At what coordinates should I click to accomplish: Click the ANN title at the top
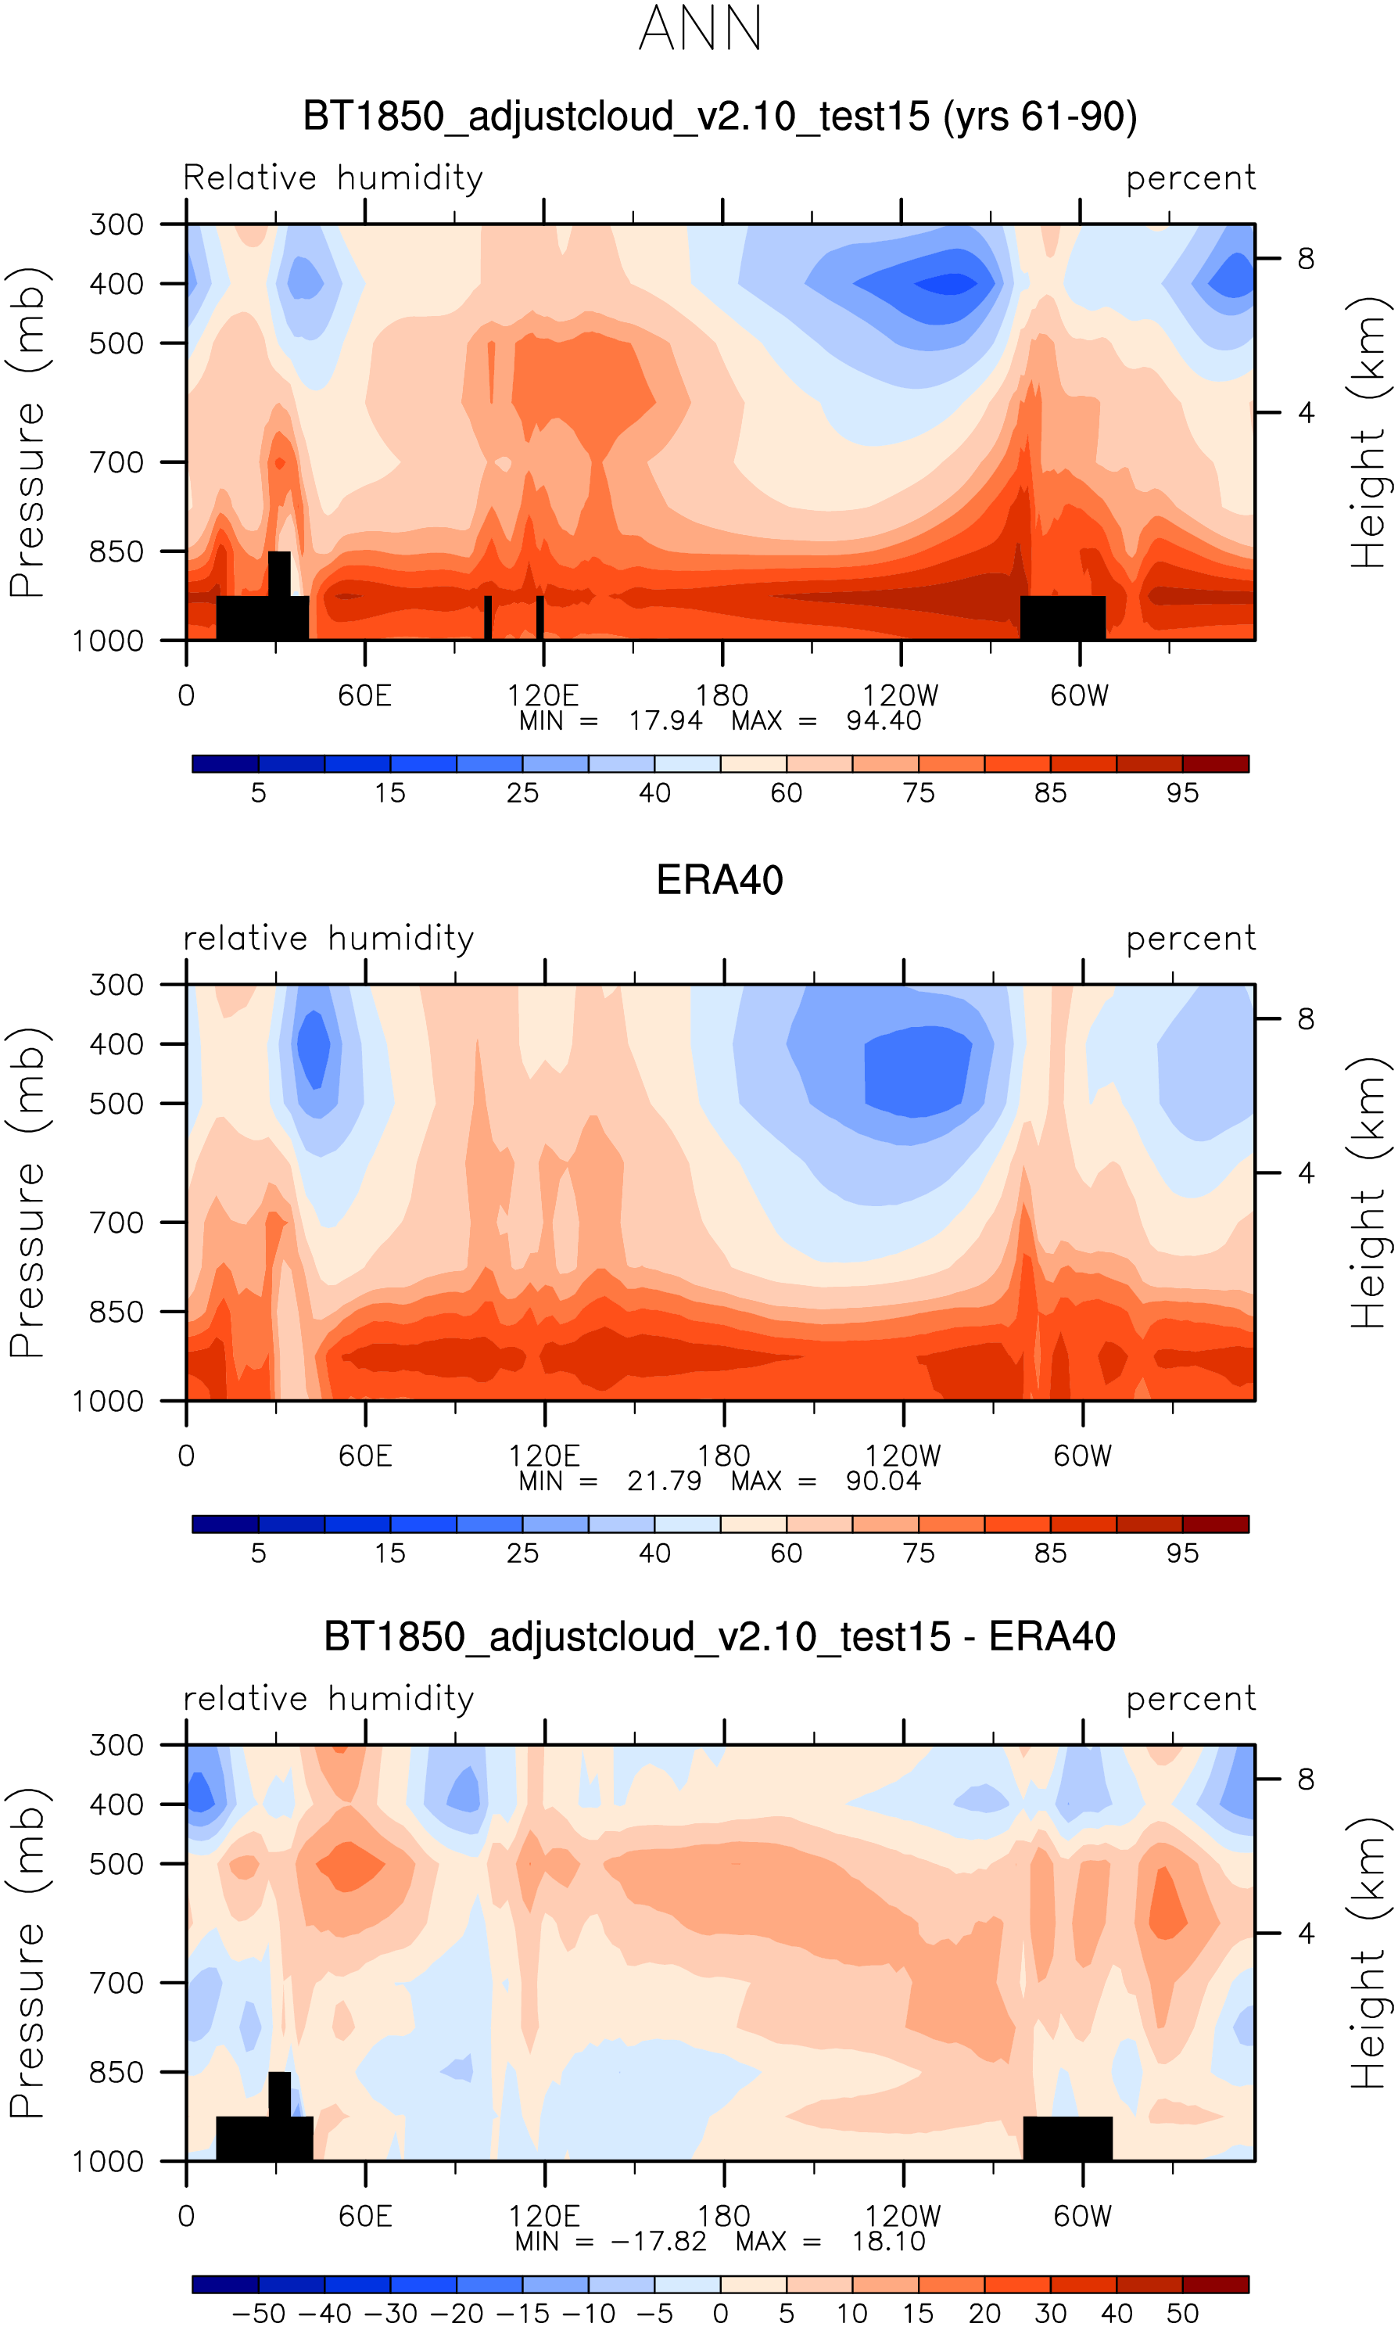[699, 29]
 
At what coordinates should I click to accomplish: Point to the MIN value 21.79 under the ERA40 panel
[664, 1481]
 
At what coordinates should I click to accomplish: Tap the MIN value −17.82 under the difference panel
[658, 2241]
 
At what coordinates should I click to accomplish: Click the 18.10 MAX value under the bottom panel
[888, 2241]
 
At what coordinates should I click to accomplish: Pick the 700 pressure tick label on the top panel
[116, 462]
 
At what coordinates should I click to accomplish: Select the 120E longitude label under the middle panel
[544, 1456]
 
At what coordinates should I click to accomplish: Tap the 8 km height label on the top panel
[1306, 258]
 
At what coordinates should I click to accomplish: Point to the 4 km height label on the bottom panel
[1306, 1934]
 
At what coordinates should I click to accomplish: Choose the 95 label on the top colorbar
[1182, 793]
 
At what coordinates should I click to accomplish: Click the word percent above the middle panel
[1191, 939]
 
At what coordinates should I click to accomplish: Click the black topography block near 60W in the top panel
[1063, 617]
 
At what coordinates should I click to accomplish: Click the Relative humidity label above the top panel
[332, 177]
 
